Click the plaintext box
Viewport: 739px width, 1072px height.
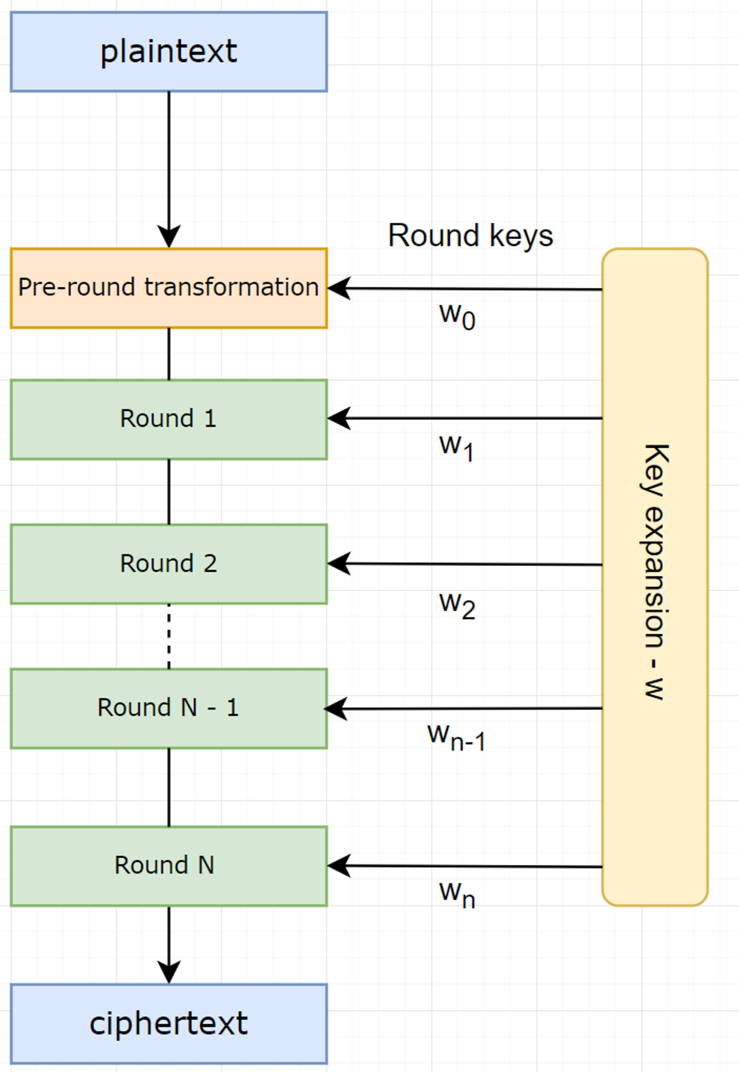[x=169, y=52]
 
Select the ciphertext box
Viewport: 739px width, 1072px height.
[x=169, y=1024]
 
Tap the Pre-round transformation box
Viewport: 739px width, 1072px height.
[x=169, y=288]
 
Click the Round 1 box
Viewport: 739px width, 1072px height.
[x=169, y=419]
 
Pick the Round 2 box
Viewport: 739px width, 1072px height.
[x=169, y=564]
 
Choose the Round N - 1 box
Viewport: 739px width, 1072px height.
[x=169, y=708]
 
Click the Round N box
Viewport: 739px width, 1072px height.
[x=169, y=866]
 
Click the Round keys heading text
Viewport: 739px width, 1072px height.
[x=470, y=236]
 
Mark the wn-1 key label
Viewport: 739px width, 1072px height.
[x=456, y=737]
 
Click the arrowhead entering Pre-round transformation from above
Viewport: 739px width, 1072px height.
[x=169, y=236]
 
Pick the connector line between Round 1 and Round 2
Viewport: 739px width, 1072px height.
[x=169, y=492]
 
